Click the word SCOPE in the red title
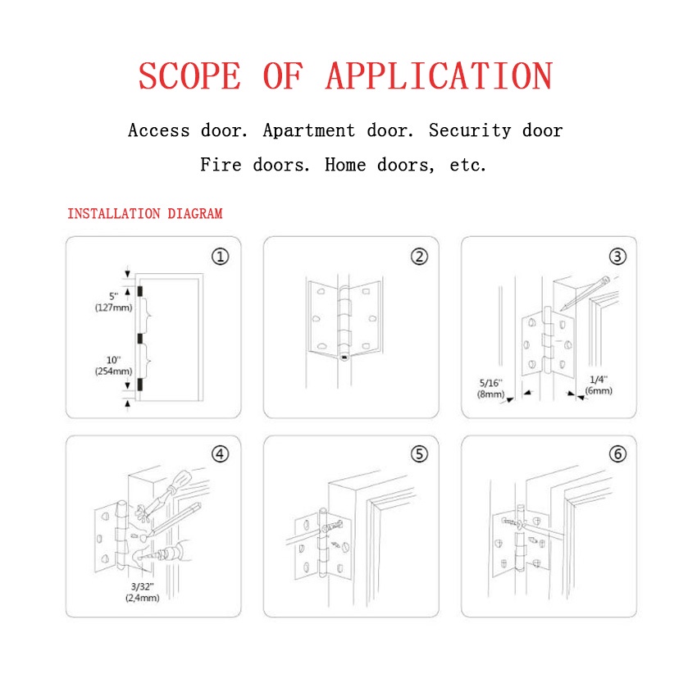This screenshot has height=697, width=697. [x=189, y=75]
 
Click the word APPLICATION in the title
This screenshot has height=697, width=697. [x=439, y=75]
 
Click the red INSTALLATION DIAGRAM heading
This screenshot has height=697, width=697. [x=144, y=214]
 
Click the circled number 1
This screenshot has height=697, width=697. [x=221, y=257]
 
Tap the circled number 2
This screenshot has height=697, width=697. [x=419, y=257]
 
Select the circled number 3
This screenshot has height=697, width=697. [x=617, y=257]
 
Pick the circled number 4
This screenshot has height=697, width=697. [x=221, y=454]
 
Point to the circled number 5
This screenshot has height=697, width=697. [x=419, y=454]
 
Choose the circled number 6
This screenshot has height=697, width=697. [x=617, y=454]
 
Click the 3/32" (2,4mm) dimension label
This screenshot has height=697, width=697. [x=142, y=592]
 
